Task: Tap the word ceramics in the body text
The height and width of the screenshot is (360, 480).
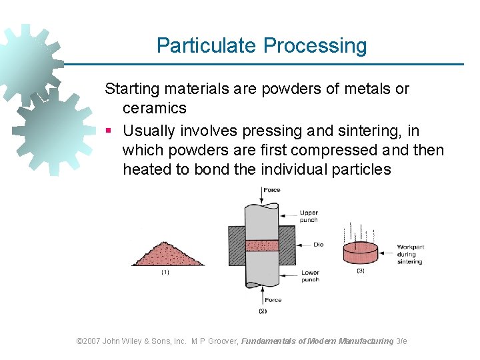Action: (x=154, y=108)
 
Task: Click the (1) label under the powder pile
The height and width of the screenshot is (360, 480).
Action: (x=165, y=272)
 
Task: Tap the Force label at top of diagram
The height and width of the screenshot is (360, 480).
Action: (x=272, y=190)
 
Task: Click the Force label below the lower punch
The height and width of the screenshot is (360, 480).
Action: (x=272, y=300)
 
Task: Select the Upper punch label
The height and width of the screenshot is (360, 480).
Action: (x=309, y=216)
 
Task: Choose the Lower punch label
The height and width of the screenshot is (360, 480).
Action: (x=309, y=276)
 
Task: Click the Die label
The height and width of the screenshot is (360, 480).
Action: (x=318, y=245)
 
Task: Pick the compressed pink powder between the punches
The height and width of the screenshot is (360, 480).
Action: (x=262, y=245)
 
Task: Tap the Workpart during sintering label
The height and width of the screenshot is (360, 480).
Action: (x=410, y=254)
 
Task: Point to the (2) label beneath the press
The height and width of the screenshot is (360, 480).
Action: (x=262, y=311)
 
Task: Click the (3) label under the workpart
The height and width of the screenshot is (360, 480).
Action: (x=361, y=271)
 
